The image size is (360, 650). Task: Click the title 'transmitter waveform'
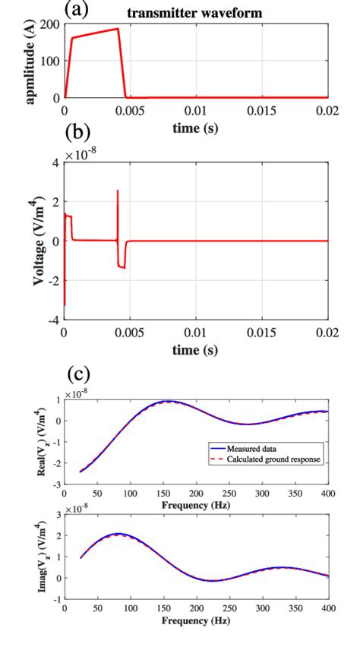(x=196, y=13)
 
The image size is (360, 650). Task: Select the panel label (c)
(x=79, y=374)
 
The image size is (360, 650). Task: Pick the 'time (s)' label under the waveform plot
(x=196, y=128)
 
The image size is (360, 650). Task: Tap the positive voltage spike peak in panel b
(x=118, y=190)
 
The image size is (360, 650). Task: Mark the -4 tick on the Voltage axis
(x=53, y=321)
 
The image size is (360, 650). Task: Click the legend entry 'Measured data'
(x=244, y=449)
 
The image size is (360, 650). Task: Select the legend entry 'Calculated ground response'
(x=259, y=459)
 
